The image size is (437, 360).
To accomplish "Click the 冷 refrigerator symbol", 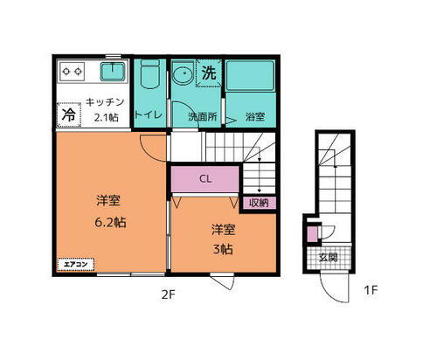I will (67, 113).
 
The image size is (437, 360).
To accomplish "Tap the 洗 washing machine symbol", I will (208, 74).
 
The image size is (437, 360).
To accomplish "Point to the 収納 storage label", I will (258, 203).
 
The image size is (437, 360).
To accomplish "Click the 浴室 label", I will (254, 115).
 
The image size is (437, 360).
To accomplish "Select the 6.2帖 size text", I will (110, 222).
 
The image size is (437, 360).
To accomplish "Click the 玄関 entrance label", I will (327, 257).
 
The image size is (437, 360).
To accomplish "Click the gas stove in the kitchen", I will (71, 71).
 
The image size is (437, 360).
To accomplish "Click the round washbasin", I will (183, 74).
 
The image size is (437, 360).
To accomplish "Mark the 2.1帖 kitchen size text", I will (109, 116).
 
